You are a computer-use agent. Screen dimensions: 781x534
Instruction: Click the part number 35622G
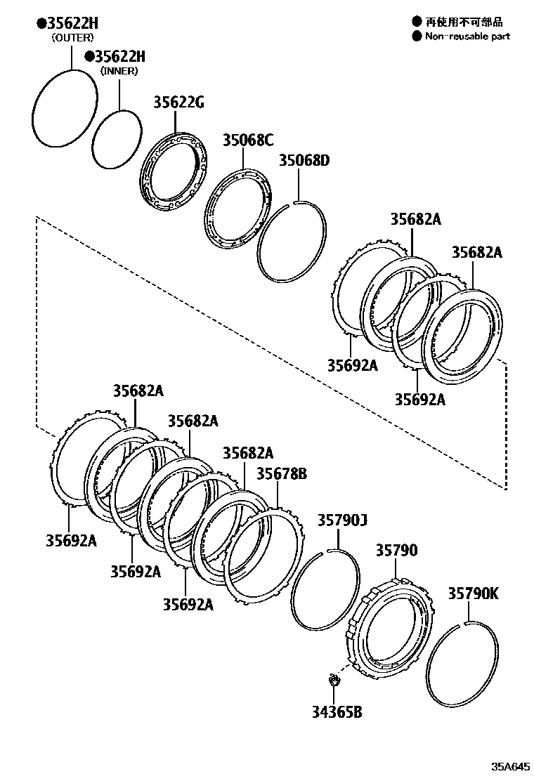[178, 103]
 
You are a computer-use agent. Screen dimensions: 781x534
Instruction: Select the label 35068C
[247, 139]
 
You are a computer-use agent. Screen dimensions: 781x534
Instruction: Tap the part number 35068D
[304, 161]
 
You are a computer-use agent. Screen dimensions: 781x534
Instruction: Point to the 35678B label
[281, 474]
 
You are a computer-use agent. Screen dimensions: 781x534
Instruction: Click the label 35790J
[342, 520]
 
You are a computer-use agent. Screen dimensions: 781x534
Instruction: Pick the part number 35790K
[473, 593]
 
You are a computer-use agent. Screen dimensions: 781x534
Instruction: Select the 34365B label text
[337, 713]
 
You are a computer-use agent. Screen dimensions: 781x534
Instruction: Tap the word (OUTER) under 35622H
[72, 38]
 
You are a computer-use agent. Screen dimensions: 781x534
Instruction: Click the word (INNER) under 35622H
[119, 70]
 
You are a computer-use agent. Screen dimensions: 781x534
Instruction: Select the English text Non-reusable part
[467, 36]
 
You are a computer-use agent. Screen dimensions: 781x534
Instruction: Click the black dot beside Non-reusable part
[417, 36]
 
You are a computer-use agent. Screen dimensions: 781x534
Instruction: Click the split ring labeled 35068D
[261, 256]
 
